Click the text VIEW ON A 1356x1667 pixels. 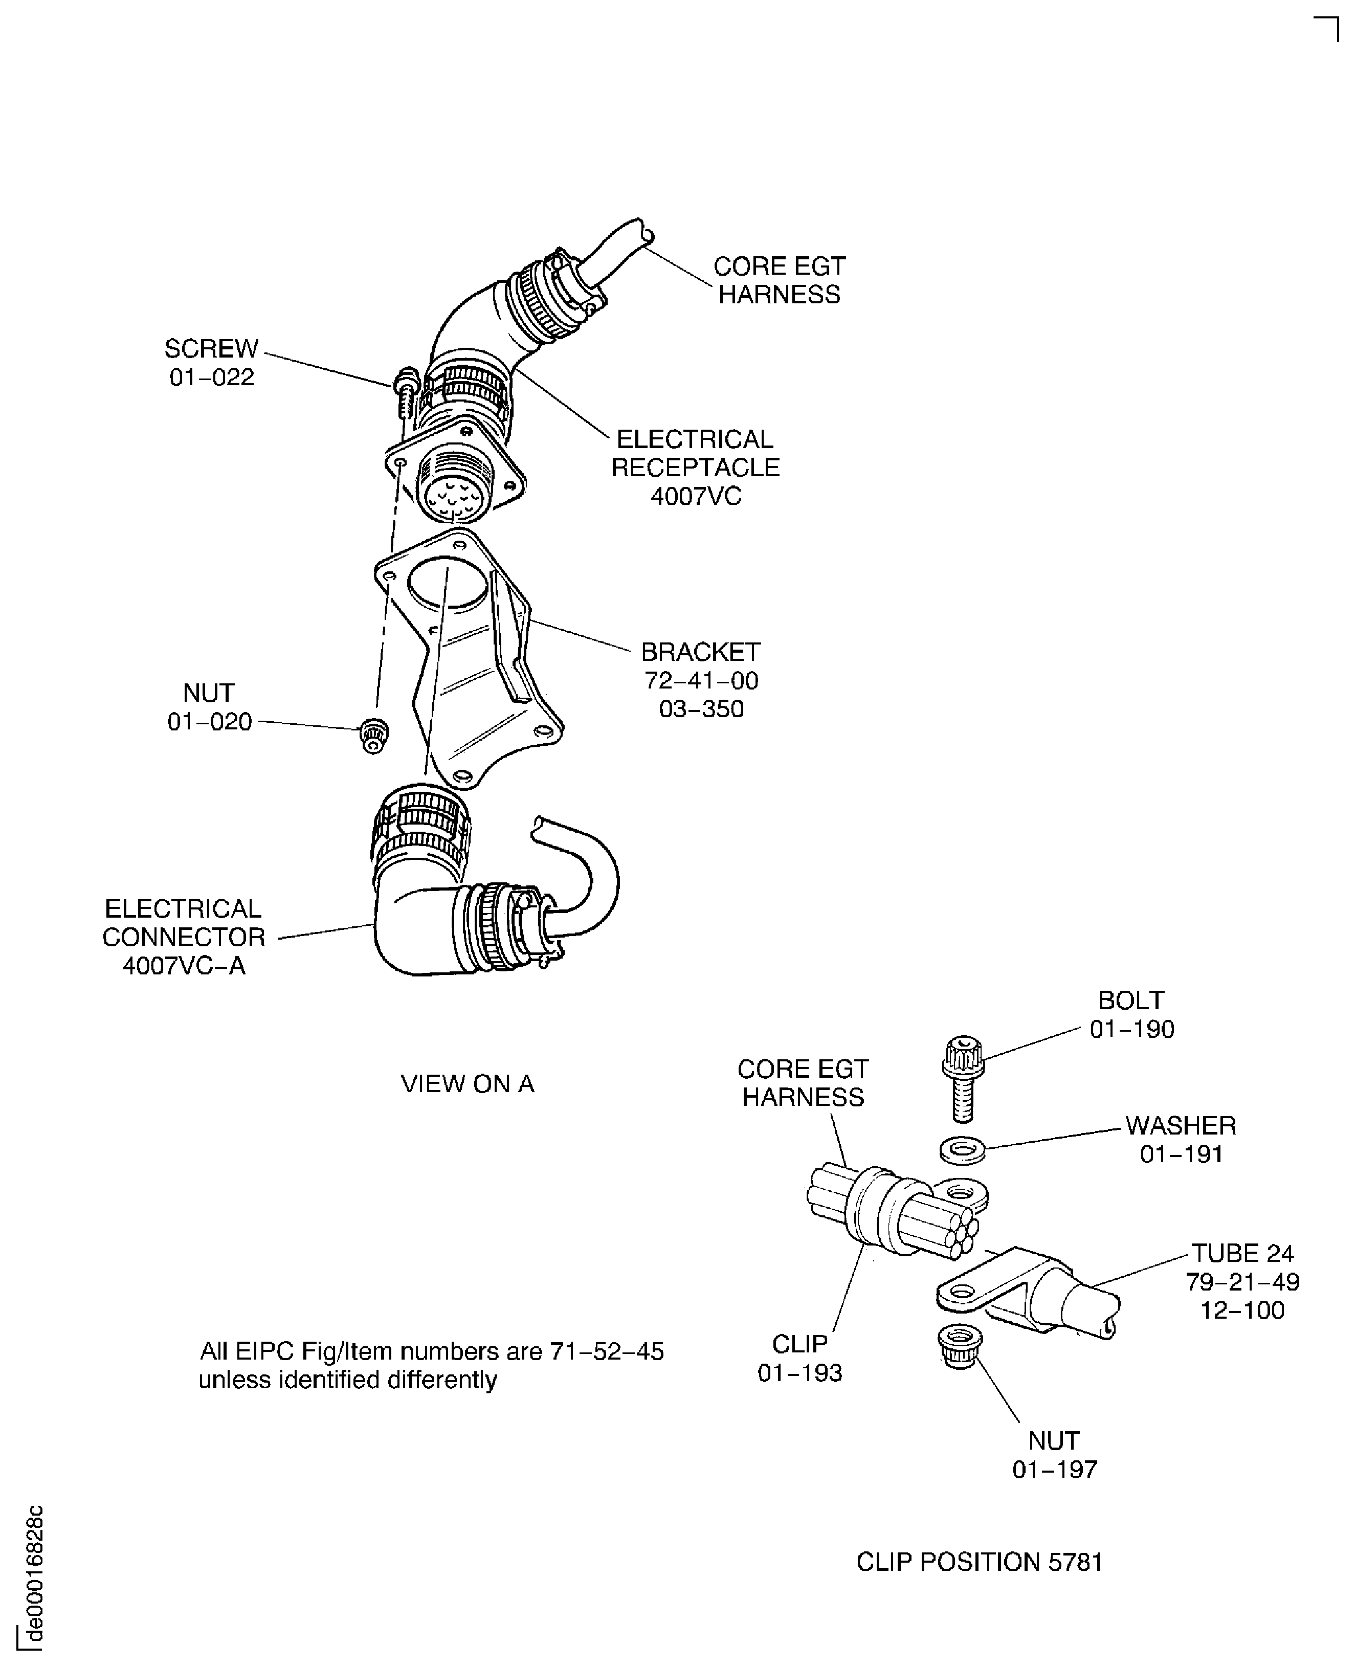coord(467,1083)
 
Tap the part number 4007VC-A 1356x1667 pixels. coord(184,966)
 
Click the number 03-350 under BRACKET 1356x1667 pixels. coord(701,708)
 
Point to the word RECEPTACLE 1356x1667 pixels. coord(695,467)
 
